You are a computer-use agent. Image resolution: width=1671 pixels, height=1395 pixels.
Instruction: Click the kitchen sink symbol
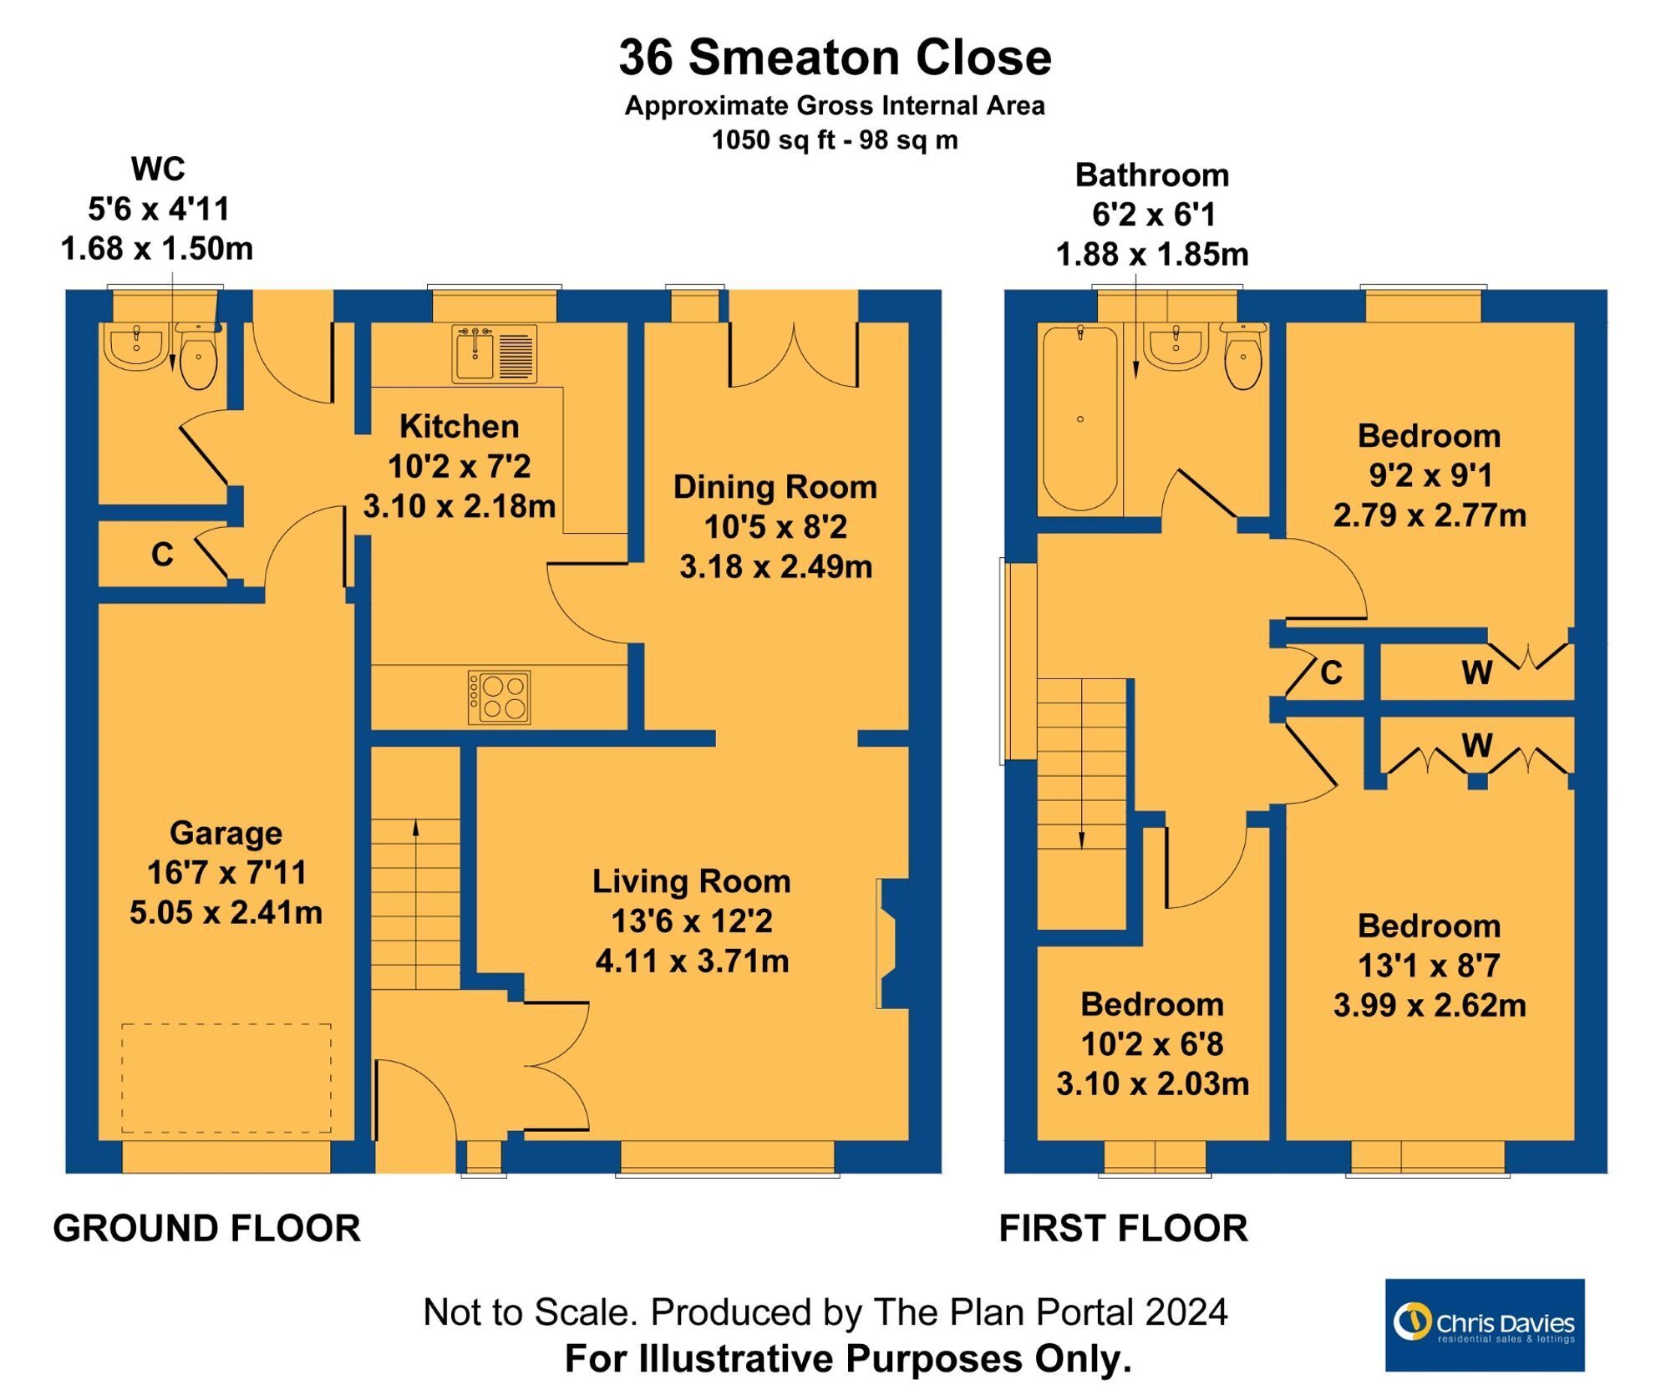tap(494, 353)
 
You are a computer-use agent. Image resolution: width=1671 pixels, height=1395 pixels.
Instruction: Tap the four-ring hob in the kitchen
tap(499, 697)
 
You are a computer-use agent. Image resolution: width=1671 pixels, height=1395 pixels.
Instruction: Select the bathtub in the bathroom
tap(1079, 418)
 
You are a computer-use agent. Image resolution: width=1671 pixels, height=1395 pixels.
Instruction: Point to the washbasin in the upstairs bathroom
tap(1176, 345)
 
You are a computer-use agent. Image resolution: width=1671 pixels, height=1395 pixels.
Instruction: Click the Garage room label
tap(226, 833)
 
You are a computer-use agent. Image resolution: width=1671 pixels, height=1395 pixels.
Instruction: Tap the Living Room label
tap(691, 881)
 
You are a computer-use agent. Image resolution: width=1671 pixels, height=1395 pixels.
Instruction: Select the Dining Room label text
tap(775, 487)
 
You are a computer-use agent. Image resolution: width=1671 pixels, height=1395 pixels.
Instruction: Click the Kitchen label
tap(459, 426)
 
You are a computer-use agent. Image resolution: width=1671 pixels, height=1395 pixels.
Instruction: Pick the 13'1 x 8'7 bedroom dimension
tap(1429, 966)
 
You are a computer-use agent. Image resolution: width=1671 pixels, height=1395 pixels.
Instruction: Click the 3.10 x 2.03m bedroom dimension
tap(1152, 1084)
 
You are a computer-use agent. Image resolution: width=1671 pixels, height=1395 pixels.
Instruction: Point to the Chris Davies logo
tap(1484, 1325)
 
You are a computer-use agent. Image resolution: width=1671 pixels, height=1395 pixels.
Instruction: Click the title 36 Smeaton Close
tap(835, 57)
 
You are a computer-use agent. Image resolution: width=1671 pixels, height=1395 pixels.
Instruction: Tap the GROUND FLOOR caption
tap(206, 1229)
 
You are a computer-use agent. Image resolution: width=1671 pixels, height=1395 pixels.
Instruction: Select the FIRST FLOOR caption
tap(1123, 1229)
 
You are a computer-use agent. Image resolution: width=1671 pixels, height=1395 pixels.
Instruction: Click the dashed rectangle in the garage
tap(226, 1078)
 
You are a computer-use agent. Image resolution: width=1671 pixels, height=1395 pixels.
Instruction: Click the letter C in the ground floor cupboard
tap(162, 554)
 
